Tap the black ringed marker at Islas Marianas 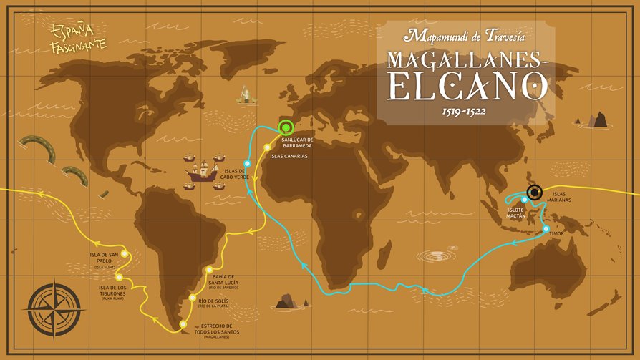534,192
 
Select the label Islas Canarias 289,155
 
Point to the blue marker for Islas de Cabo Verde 247,163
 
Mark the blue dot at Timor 546,229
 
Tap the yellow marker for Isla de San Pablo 125,253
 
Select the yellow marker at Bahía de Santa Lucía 208,270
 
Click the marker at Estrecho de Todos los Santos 183,325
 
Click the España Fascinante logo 78,38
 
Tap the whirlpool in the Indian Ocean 436,256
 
